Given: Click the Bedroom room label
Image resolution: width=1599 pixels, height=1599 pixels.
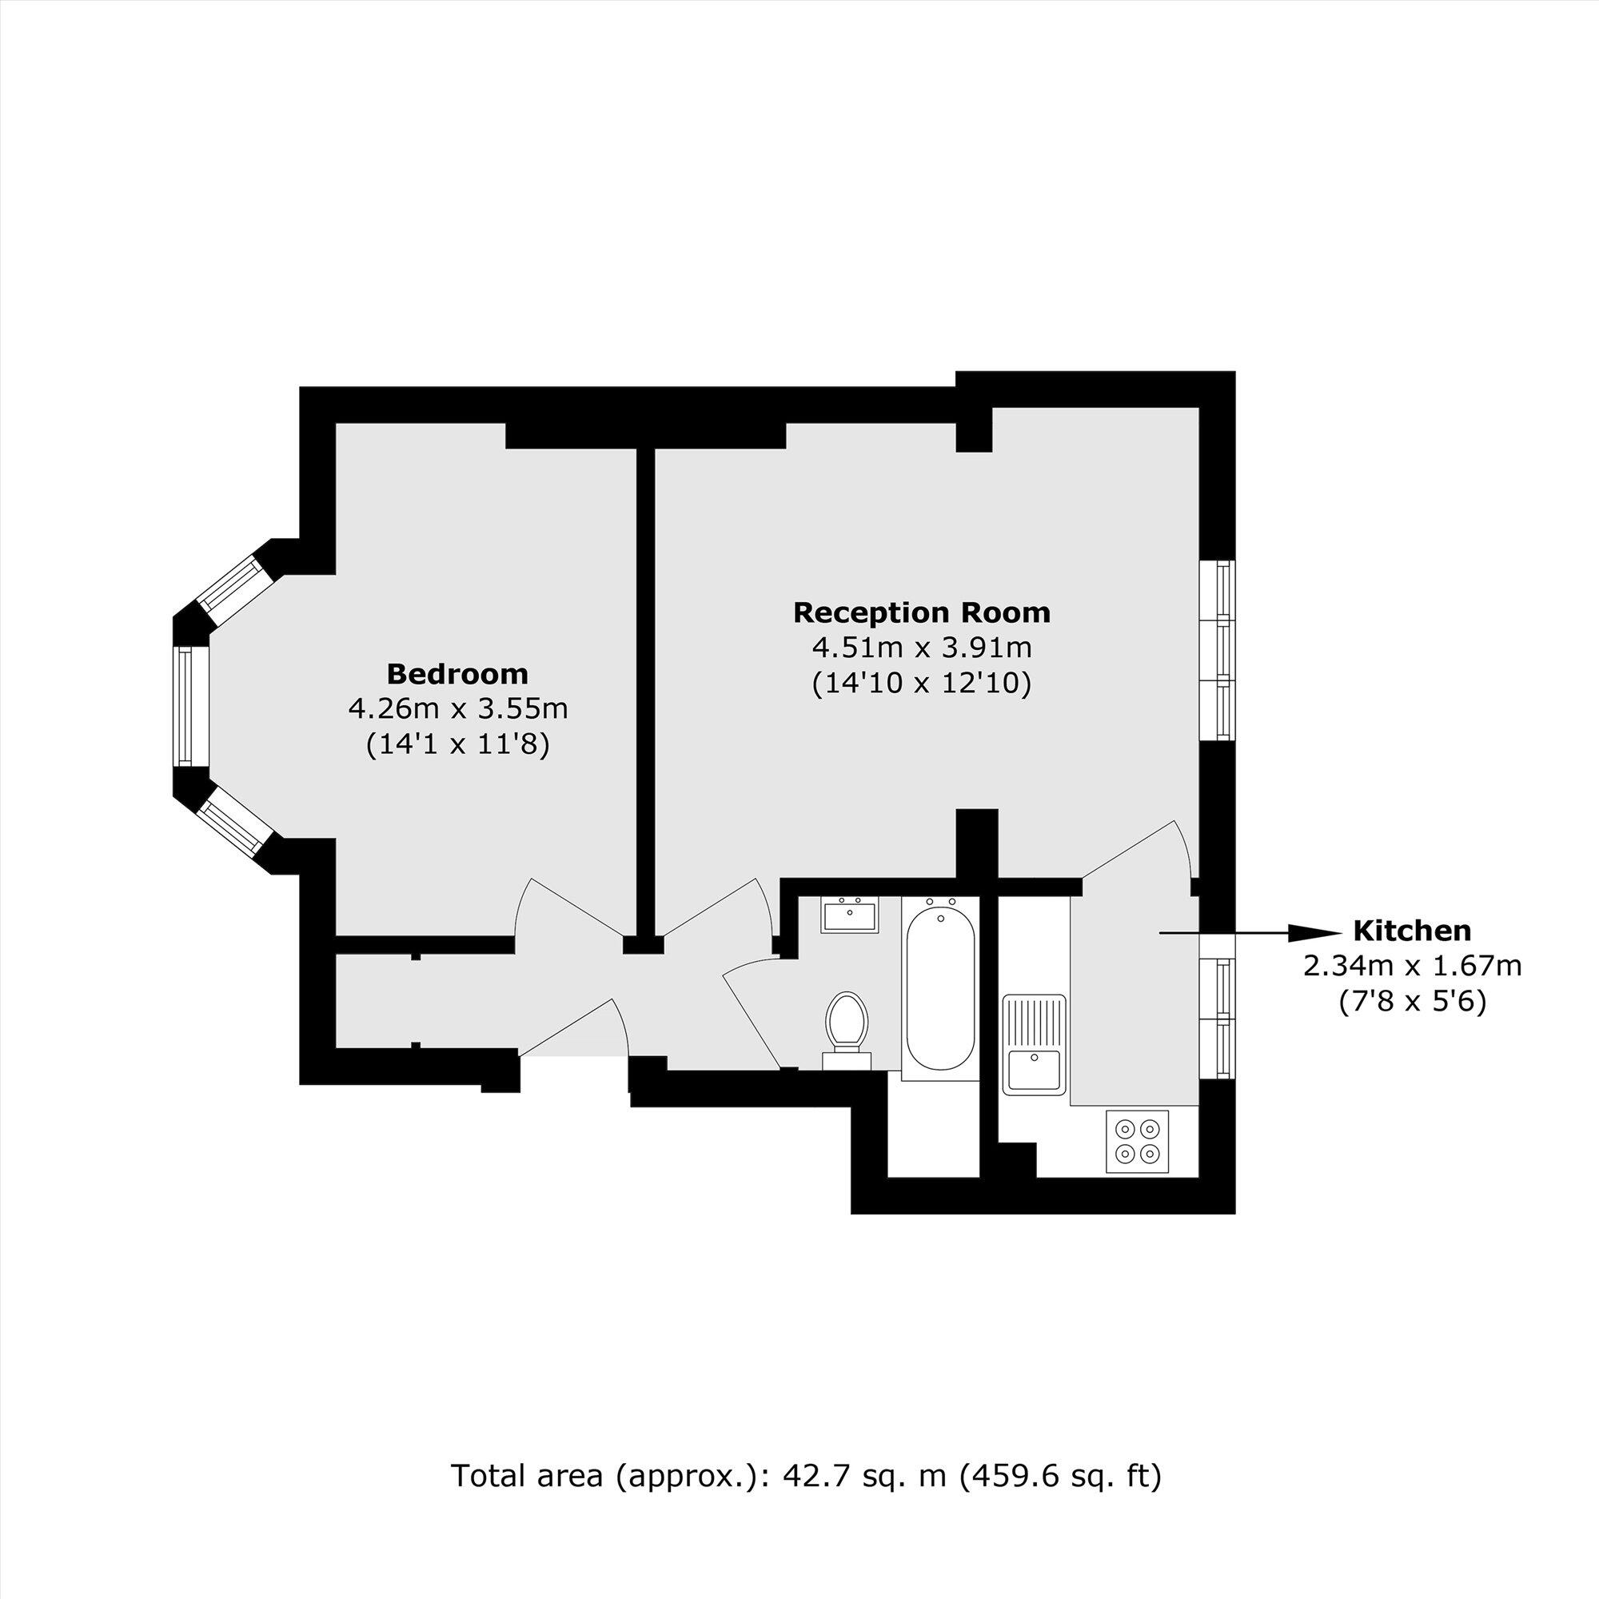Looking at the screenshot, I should [457, 675].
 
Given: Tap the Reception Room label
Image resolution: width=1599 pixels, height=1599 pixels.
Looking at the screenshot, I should [921, 612].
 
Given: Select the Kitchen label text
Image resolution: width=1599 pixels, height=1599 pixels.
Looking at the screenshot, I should [1412, 931].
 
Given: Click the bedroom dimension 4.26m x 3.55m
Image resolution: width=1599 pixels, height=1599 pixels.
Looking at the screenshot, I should [457, 709].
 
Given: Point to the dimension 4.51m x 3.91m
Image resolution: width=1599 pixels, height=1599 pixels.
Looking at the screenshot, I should [921, 648].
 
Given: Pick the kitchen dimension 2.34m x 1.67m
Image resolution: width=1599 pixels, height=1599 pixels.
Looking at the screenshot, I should [1412, 966].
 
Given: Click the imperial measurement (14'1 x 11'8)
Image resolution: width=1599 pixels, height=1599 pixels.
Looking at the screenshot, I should [457, 745].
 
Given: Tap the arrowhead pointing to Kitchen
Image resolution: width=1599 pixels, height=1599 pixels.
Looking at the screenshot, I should [1313, 933].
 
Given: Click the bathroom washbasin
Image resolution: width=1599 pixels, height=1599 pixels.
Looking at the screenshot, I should [850, 916].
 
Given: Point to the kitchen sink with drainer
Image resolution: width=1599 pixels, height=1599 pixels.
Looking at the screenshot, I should [1035, 1043].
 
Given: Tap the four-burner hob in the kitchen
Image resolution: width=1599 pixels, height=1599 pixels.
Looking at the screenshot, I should [1137, 1142].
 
